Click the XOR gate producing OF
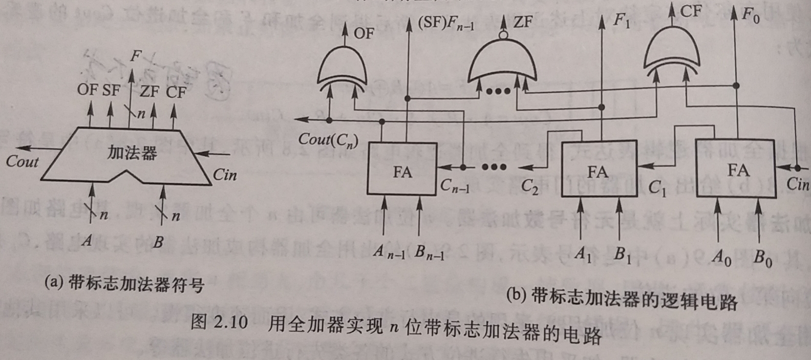342,69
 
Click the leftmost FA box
402,169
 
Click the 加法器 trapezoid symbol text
132,152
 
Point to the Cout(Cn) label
328,139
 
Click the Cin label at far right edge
798,184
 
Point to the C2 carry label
530,188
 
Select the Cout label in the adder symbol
22,162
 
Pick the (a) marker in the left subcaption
53,282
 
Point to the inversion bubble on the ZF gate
503,35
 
